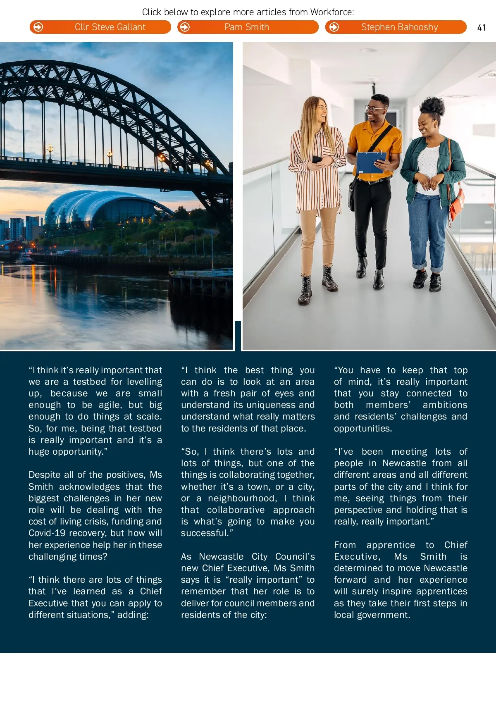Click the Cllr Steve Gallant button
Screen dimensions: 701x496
tap(100, 27)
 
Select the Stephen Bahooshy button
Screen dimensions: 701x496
tap(396, 27)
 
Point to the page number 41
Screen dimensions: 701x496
tap(481, 28)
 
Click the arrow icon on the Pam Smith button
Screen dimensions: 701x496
tap(185, 27)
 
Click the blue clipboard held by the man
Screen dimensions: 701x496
tap(371, 162)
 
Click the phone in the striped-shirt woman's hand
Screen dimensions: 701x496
tap(317, 159)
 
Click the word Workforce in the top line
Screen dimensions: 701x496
tap(331, 12)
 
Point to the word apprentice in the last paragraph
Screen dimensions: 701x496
tap(391, 545)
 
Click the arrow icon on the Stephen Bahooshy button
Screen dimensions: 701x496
tap(334, 27)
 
